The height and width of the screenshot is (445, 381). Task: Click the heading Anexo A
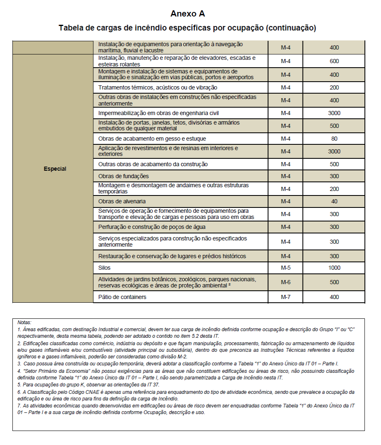pos(187,14)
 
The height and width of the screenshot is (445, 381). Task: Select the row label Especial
pos(55,169)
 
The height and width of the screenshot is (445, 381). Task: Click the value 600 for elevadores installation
pos(334,61)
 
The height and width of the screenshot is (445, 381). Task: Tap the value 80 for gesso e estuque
pos(334,139)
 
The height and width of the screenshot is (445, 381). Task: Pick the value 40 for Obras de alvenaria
pos(334,201)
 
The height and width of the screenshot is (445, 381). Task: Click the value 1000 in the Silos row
pos(334,268)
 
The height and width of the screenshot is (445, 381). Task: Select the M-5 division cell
pos(286,268)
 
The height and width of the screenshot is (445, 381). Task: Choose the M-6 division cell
pos(286,282)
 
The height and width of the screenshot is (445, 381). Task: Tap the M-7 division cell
pos(286,297)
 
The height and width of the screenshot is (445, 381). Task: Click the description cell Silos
pos(104,268)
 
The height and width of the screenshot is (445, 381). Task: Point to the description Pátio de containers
pos(122,297)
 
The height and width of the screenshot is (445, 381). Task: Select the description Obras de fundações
pos(123,176)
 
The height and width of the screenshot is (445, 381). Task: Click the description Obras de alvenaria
pos(122,201)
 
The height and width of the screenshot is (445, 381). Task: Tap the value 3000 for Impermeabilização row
pos(334,113)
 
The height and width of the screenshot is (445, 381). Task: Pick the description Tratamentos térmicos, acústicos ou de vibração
pos(158,87)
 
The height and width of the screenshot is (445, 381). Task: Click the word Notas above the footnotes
pos(24,322)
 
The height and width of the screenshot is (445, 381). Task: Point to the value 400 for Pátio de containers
pos(334,297)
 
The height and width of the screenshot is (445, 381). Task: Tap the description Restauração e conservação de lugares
pos(172,256)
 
